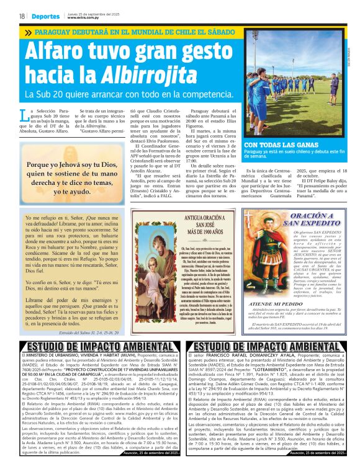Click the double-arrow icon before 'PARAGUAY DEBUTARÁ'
coord(28,32)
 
